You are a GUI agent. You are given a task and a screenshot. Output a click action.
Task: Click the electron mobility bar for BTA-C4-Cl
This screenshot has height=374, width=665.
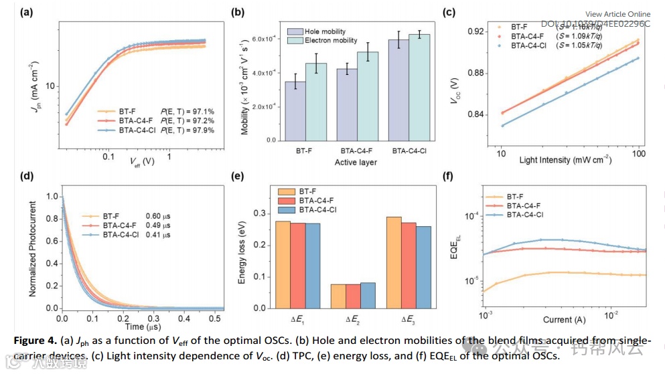tap(419, 87)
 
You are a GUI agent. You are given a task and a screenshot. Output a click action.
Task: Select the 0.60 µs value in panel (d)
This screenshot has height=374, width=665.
tap(157, 216)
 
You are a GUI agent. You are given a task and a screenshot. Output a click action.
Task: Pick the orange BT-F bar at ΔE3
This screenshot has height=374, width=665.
tap(394, 263)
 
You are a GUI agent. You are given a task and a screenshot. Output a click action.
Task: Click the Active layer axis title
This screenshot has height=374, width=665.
tap(355, 162)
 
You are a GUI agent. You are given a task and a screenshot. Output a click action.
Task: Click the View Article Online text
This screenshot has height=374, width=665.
tap(617, 14)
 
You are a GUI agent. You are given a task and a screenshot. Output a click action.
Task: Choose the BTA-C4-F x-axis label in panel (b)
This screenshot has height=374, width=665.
tap(356, 151)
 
